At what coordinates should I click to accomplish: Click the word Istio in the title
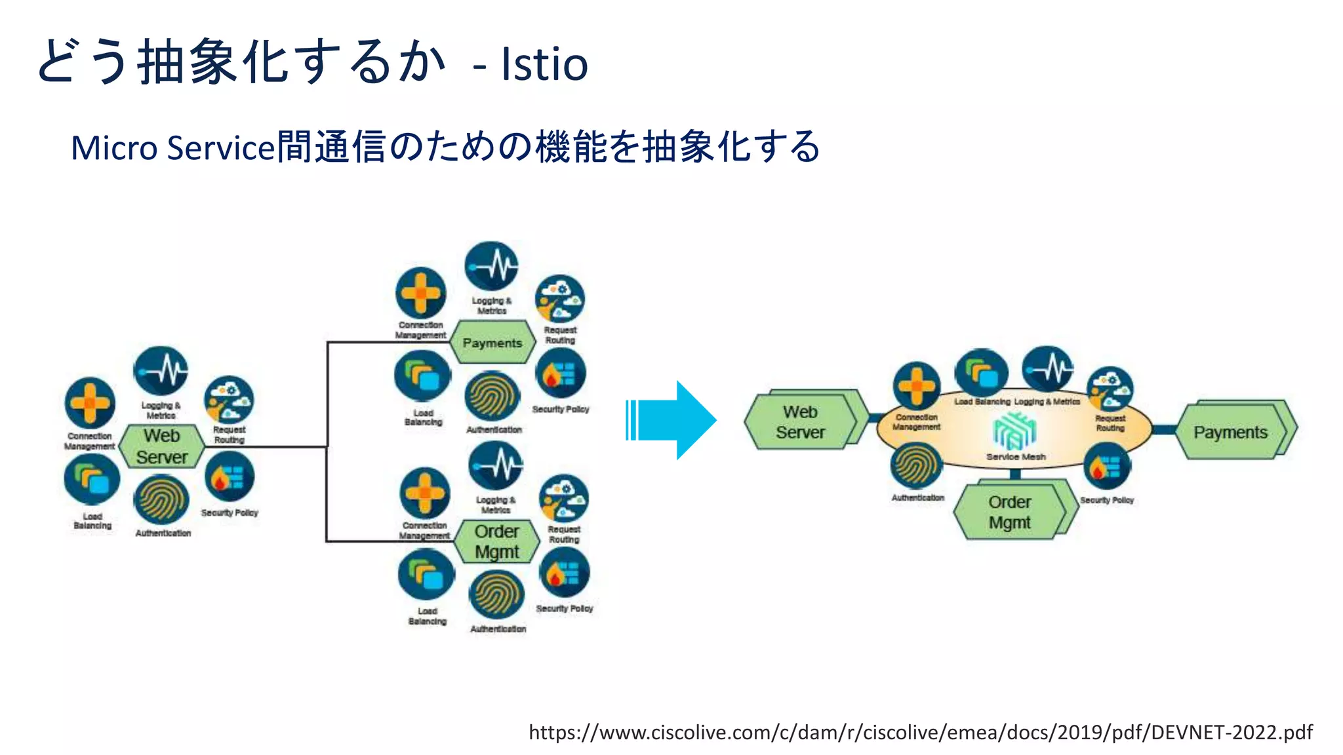point(544,64)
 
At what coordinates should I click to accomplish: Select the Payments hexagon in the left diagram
point(492,343)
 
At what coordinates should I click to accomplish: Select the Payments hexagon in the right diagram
point(1230,433)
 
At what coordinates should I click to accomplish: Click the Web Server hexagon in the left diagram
point(161,446)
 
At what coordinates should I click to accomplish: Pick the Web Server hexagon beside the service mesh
point(800,422)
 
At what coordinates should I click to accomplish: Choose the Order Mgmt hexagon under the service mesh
point(1010,513)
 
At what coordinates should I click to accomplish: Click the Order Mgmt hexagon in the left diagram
point(496,541)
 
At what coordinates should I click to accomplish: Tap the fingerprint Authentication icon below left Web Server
point(161,501)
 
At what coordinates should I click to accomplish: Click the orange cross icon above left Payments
point(421,293)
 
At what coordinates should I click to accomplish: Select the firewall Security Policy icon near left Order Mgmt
point(563,573)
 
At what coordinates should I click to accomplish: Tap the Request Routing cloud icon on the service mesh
point(1110,389)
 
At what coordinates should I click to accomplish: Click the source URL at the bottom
point(920,732)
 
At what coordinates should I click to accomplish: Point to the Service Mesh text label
point(1016,457)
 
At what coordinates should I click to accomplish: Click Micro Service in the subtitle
point(172,148)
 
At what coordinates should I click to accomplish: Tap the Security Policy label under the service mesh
point(1107,500)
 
